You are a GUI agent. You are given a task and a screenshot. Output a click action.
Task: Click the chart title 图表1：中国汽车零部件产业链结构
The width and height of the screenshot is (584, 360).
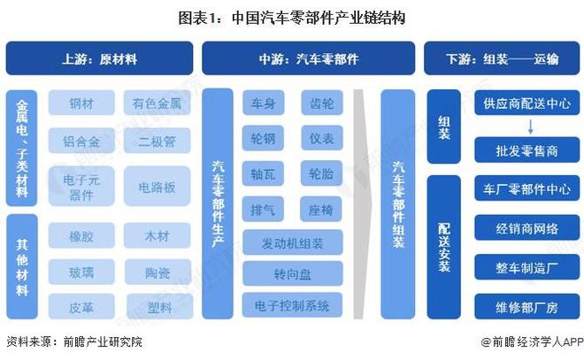point(292,18)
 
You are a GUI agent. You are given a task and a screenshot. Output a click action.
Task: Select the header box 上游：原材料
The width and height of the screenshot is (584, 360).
point(99,58)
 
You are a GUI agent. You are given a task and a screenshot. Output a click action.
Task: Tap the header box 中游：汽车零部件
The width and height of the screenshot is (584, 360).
point(309,58)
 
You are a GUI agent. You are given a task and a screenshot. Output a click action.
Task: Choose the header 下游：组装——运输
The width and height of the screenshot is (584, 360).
point(502,58)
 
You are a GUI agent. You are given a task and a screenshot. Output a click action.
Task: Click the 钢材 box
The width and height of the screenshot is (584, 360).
point(81,103)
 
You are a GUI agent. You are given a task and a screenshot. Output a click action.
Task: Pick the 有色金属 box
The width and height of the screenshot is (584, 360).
point(157,103)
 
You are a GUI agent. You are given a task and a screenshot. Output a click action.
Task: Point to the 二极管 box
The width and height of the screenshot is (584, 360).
point(157,141)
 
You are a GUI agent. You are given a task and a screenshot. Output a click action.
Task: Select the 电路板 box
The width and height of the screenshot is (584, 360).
point(157,186)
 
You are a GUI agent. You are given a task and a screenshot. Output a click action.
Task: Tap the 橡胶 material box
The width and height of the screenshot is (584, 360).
point(81,235)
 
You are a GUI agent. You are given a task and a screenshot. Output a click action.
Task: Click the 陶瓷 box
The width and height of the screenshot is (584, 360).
point(158,272)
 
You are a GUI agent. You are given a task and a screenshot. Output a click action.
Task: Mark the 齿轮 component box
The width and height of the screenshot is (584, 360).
point(322,103)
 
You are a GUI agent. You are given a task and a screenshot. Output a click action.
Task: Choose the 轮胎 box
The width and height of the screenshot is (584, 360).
point(321,173)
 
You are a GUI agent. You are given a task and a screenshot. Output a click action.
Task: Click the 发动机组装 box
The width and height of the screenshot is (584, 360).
point(292,242)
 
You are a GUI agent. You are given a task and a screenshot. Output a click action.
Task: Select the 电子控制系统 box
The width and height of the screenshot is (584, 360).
point(292,305)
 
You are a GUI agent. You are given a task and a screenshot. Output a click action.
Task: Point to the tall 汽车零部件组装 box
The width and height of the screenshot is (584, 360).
point(398,204)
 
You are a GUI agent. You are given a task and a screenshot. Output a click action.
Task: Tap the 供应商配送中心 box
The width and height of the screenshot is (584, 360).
point(527,103)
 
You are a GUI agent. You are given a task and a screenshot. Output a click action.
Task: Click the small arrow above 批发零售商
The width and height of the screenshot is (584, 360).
point(530,126)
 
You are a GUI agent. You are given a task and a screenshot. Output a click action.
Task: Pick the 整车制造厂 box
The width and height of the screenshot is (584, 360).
point(527,267)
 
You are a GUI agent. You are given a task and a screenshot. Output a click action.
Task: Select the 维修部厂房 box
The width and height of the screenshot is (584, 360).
point(527,306)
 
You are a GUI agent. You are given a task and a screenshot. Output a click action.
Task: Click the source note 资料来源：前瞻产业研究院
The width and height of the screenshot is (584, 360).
point(74,341)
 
